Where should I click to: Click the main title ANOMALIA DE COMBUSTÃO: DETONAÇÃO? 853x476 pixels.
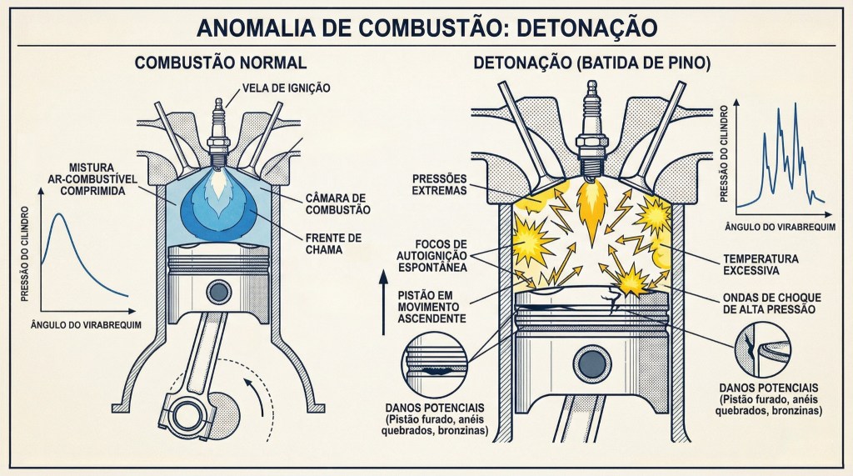(426, 28)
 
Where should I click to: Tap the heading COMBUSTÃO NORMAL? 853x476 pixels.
(221, 63)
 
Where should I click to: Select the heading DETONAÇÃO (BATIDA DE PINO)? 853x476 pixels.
(591, 63)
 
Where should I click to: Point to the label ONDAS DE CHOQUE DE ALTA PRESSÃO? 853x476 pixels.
(766, 303)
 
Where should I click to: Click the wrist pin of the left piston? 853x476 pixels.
(219, 293)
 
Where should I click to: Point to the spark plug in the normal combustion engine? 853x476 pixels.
(220, 129)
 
